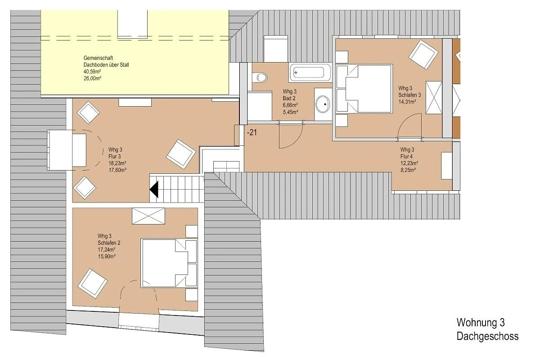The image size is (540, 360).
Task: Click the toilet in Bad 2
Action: pos(260,77)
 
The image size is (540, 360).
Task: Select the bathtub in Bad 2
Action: pos(310,72)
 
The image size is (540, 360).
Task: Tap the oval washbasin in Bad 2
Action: pos(323,104)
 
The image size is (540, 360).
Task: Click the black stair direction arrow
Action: pos(154,189)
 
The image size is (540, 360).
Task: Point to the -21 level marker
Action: pos(252,132)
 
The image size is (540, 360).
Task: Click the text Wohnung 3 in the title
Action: pos(481,323)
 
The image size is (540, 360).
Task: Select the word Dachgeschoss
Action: pos(487,336)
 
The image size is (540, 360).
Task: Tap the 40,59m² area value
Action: pos(92,72)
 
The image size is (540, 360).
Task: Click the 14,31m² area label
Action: pos(407,102)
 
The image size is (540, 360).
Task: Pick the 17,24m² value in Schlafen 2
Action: pos(106,250)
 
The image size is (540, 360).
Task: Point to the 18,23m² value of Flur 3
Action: pos(117,163)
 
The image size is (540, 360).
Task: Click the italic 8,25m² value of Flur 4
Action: pos(408,170)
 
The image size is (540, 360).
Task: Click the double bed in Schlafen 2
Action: pos(169,263)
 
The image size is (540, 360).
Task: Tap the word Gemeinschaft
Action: pos(98,58)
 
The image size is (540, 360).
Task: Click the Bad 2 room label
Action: pos(289,99)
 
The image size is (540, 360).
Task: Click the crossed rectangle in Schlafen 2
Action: pos(148,216)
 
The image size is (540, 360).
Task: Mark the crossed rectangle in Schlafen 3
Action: pos(434,98)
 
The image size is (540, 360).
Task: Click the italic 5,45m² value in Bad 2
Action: pos(290,112)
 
